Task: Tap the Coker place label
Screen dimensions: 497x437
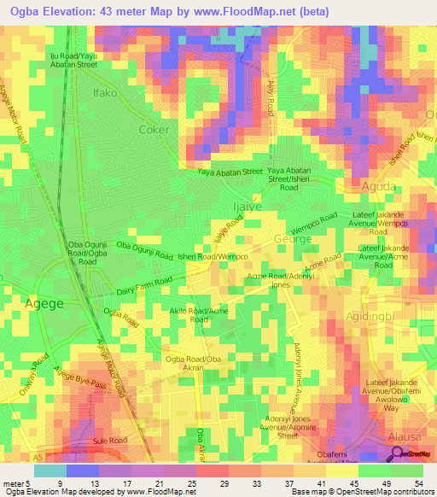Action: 154,130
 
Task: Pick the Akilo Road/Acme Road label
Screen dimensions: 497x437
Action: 201,315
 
